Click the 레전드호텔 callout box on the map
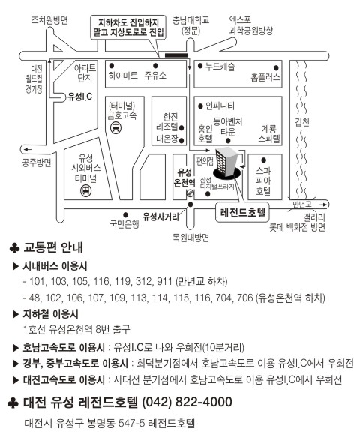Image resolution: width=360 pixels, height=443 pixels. [242, 212]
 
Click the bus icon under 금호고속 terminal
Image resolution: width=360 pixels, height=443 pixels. [115, 127]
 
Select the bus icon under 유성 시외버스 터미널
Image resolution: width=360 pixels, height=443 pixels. [86, 190]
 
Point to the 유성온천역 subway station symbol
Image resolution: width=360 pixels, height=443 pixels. [190, 193]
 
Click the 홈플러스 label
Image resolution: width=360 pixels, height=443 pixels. [265, 77]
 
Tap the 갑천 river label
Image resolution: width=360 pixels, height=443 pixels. [302, 122]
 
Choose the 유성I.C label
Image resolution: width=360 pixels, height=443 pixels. [80, 97]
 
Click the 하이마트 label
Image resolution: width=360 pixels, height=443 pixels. [123, 76]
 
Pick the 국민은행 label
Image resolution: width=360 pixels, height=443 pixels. [124, 224]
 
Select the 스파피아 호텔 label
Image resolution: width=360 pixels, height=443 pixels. [263, 181]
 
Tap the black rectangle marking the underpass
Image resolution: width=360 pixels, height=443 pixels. [176, 55]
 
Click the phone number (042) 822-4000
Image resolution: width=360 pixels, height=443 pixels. [187, 402]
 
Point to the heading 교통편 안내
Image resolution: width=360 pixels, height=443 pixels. [53, 247]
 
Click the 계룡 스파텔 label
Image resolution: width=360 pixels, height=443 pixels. [269, 133]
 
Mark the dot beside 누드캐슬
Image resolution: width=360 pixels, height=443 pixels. [200, 66]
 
